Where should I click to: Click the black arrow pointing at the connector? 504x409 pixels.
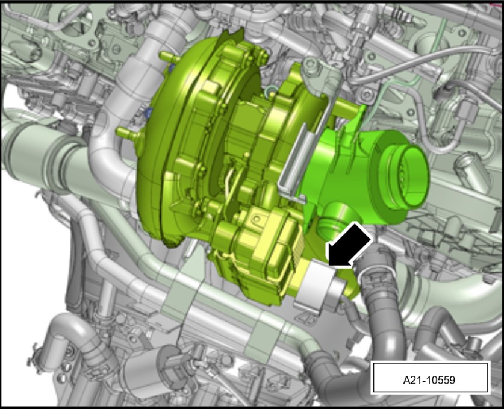point(349,245)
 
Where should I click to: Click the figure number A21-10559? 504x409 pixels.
point(429,380)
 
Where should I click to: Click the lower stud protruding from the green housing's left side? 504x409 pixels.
point(128,133)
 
